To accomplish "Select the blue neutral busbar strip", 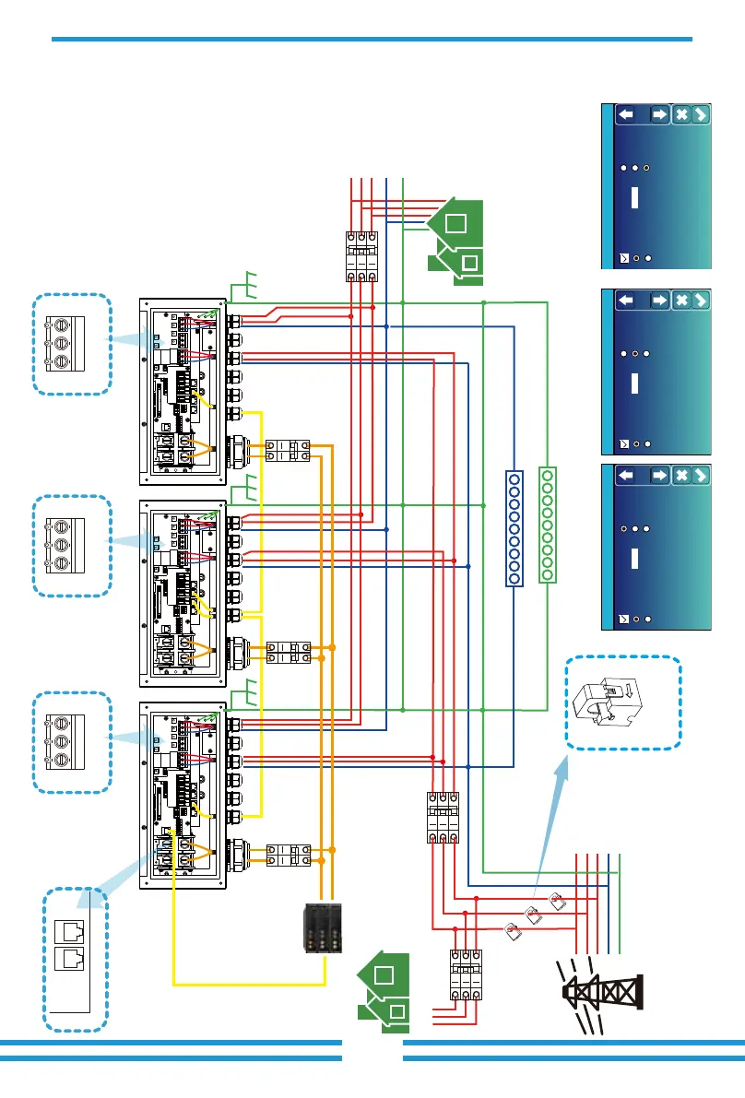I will pos(514,527).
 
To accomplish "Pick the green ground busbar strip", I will pos(547,525).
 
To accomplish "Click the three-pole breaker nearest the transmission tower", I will pos(465,976).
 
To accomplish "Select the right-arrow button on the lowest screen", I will pos(659,475).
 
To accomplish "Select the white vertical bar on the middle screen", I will pos(635,381).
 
